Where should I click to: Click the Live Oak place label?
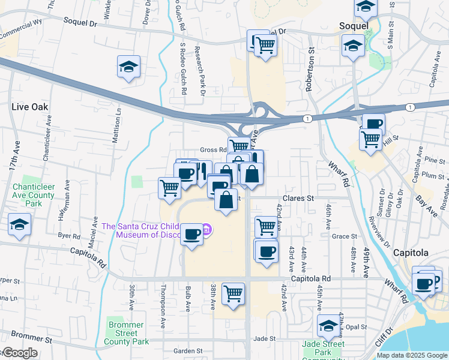point(29,106)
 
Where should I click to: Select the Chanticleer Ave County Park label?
point(34,191)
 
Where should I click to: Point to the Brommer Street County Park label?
point(126,333)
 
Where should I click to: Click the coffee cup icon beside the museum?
point(191,233)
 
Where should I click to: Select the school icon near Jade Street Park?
point(328,325)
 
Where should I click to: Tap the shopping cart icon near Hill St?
point(370,139)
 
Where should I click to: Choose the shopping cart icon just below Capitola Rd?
point(233,293)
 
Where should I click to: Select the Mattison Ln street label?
point(116,125)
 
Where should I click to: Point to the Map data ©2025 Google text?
point(411,355)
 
